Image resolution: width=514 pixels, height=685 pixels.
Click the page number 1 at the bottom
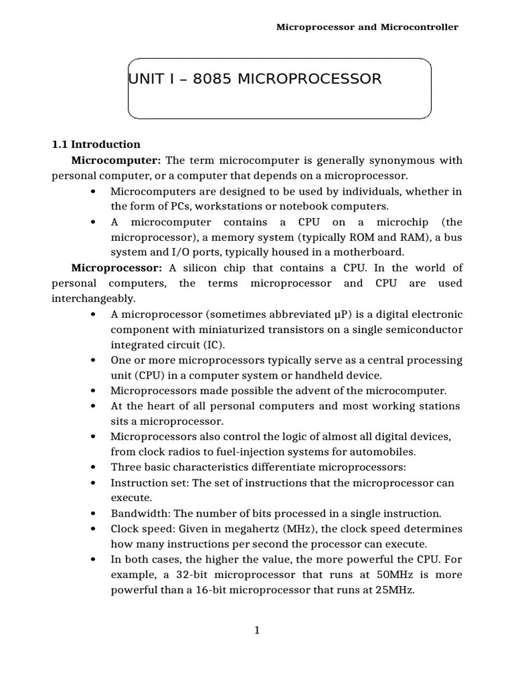click(256, 630)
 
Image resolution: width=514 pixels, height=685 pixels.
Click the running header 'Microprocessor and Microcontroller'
click(367, 27)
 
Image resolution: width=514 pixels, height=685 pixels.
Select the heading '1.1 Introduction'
click(96, 144)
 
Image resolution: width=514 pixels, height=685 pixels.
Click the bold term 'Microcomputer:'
click(116, 161)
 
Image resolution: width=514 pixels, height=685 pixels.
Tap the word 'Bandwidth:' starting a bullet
click(139, 514)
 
